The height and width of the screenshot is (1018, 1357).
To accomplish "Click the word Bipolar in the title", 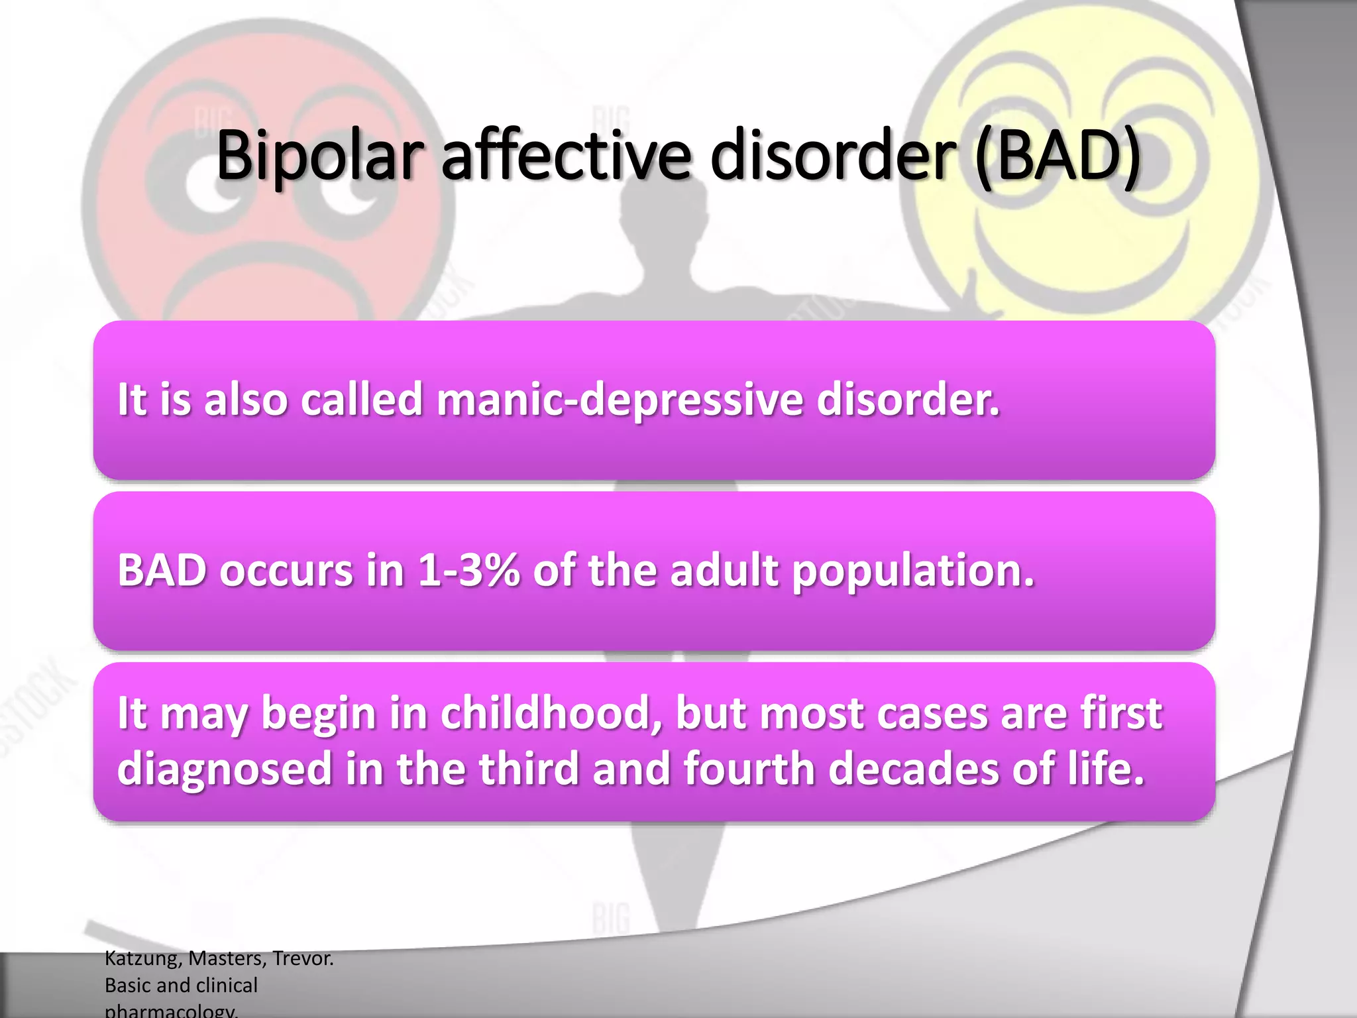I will pyautogui.click(x=319, y=156).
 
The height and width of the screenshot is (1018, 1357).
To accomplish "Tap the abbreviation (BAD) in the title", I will pyautogui.click(x=1058, y=156).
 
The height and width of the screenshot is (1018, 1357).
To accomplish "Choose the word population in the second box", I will pyautogui.click(x=913, y=571).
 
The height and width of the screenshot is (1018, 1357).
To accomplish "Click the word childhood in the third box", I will pyautogui.click(x=551, y=714).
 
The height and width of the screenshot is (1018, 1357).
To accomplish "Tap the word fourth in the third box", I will pyautogui.click(x=749, y=769).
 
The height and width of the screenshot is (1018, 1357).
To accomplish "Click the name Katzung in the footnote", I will pyautogui.click(x=142, y=958).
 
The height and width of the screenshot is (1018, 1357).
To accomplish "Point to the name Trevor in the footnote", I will pyautogui.click(x=303, y=958).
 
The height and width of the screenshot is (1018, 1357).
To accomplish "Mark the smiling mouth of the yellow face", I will pyautogui.click(x=1087, y=265).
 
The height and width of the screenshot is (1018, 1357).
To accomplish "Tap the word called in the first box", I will pyautogui.click(x=362, y=400).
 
